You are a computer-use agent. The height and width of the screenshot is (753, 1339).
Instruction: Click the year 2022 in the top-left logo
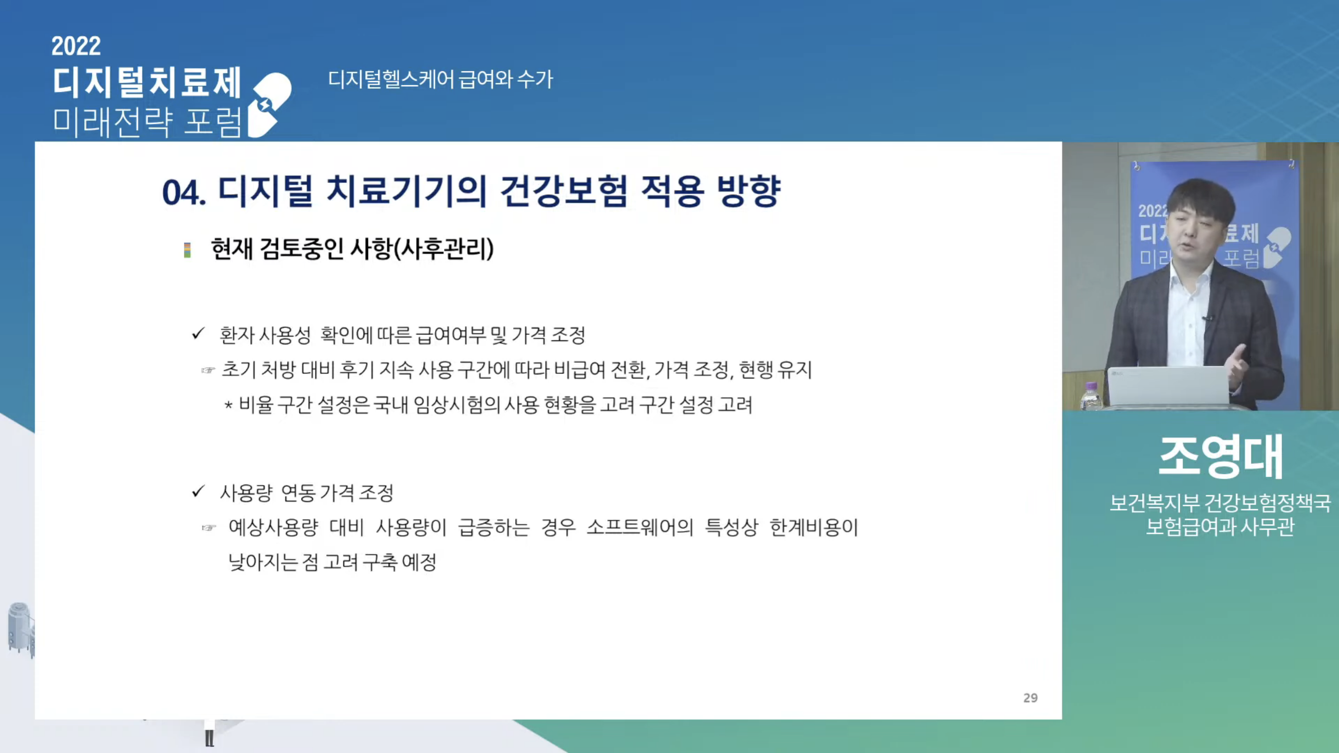click(x=76, y=46)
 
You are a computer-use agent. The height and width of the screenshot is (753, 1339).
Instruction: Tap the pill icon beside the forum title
click(x=269, y=105)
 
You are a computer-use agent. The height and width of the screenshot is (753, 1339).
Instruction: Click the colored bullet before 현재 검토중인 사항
click(x=187, y=250)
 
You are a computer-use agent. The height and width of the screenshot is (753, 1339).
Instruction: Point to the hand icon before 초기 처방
click(x=208, y=370)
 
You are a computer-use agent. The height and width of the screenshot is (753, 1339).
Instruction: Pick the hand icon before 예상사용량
click(x=208, y=528)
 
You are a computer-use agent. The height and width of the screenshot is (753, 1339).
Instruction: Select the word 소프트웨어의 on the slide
click(x=640, y=527)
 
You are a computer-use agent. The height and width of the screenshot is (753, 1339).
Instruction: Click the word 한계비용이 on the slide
click(x=814, y=527)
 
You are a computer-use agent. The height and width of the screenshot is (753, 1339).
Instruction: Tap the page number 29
click(x=1030, y=698)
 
